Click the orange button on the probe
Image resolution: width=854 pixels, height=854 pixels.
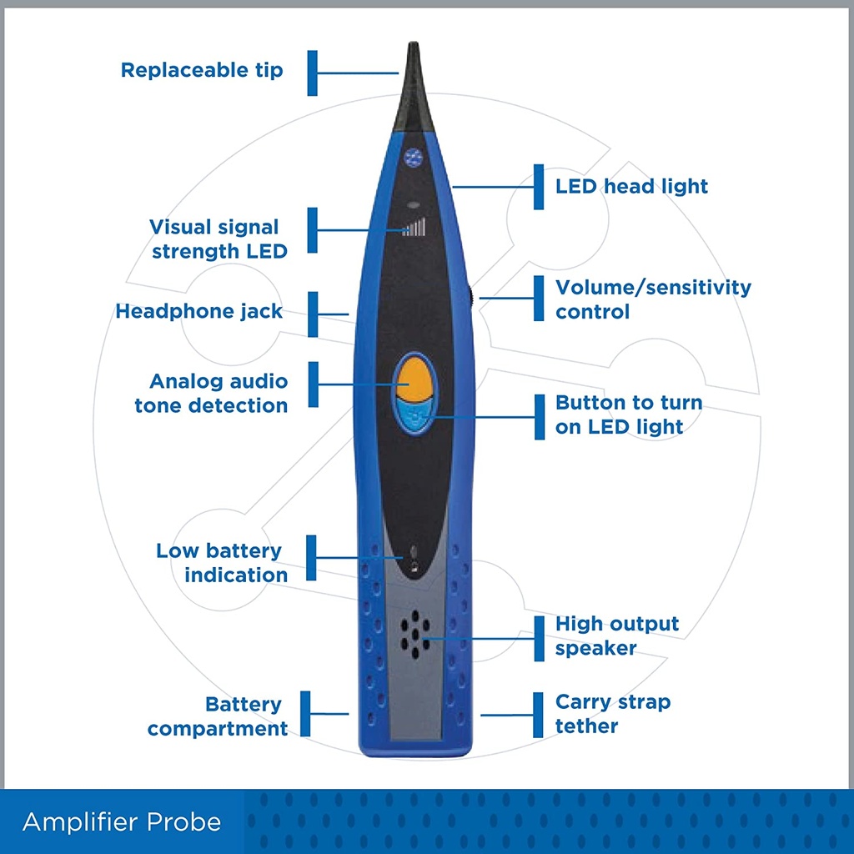click(x=414, y=379)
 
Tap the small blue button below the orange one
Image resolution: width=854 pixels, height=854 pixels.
click(x=414, y=417)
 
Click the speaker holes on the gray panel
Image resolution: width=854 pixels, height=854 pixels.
click(x=415, y=635)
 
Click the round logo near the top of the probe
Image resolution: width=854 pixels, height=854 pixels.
click(x=414, y=158)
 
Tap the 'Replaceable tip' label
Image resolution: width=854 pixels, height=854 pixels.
click(x=202, y=70)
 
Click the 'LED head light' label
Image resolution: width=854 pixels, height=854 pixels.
click(x=631, y=186)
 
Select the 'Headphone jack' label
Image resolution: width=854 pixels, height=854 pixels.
click(x=198, y=311)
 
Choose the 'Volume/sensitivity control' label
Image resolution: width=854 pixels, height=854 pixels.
click(x=653, y=299)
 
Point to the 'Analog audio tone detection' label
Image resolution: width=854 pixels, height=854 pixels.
click(x=211, y=394)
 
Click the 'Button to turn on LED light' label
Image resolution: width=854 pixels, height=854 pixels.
click(x=629, y=414)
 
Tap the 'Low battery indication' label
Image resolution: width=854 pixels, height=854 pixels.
click(x=222, y=563)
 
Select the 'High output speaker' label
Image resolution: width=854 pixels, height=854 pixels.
click(x=617, y=635)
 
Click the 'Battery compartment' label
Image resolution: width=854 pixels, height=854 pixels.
click(x=218, y=716)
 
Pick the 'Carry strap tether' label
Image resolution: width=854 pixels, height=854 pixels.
click(x=613, y=714)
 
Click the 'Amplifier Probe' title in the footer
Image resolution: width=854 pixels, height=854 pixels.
click(x=122, y=821)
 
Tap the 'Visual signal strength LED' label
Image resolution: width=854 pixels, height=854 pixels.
click(x=219, y=239)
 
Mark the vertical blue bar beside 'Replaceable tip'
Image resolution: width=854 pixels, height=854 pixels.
click(x=312, y=73)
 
